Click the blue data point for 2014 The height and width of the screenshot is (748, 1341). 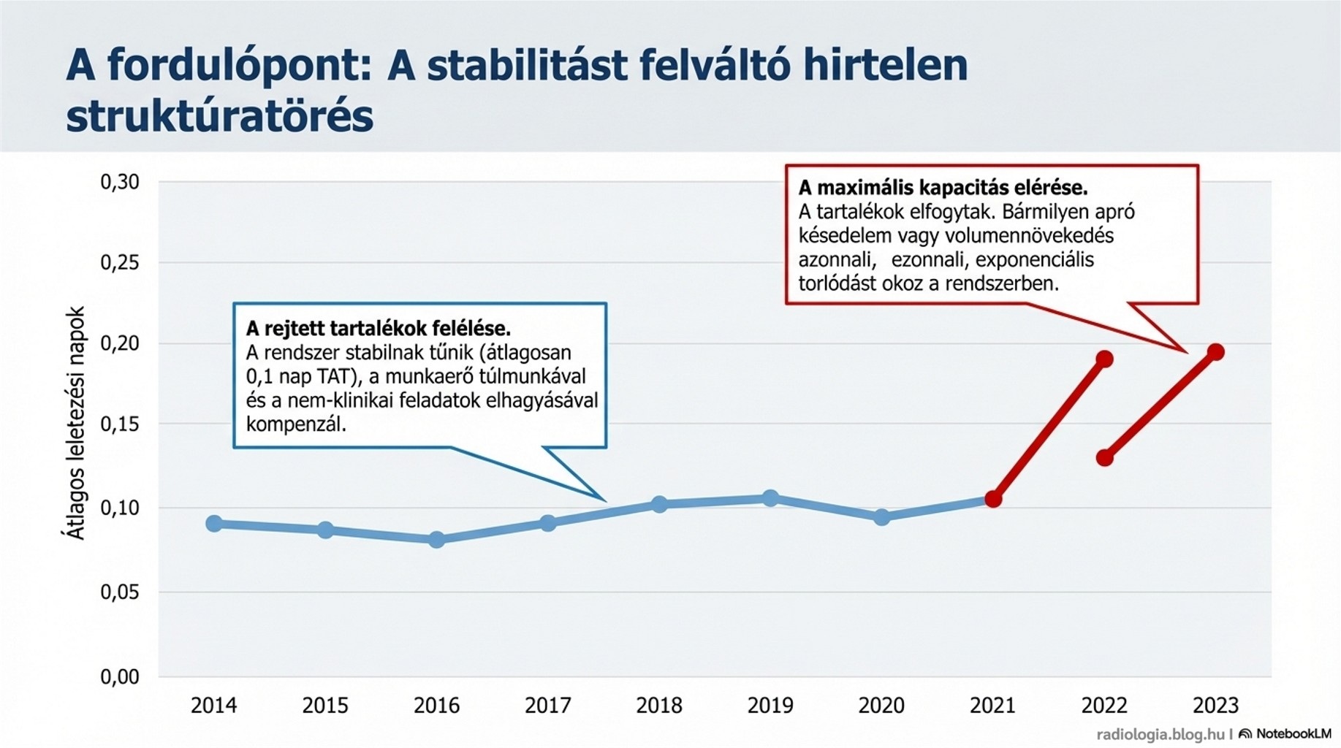click(x=214, y=524)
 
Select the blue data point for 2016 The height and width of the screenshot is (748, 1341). click(x=436, y=540)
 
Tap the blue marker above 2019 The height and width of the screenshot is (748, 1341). click(x=770, y=498)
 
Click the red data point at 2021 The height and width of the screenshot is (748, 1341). click(x=993, y=500)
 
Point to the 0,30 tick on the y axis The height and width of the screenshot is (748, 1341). click(x=120, y=182)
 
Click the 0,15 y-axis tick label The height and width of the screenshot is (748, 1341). click(x=120, y=424)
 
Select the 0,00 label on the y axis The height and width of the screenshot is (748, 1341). click(x=120, y=676)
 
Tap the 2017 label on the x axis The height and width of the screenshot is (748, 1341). click(x=548, y=706)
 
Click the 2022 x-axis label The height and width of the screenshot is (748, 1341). click(x=1104, y=706)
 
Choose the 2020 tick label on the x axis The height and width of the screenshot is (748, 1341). click(x=881, y=706)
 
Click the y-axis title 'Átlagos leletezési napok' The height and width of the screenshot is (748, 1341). click(x=76, y=423)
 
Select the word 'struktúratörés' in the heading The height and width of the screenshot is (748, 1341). click(x=219, y=117)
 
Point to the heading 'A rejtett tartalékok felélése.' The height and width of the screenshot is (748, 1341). click(x=378, y=329)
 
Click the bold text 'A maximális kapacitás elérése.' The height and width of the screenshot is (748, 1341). click(x=943, y=188)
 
